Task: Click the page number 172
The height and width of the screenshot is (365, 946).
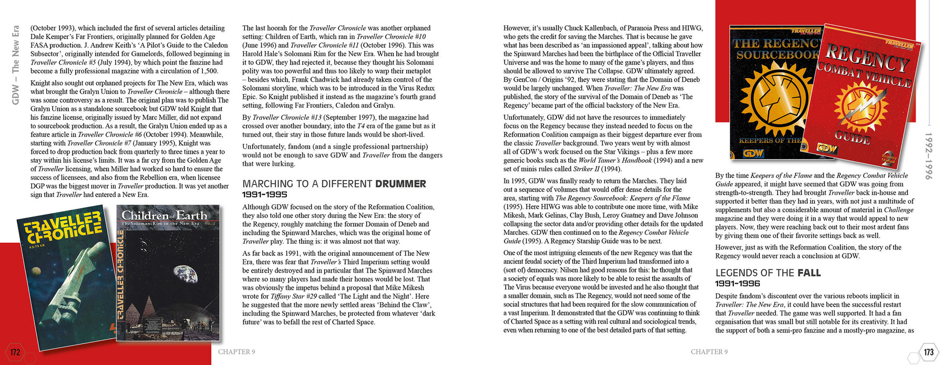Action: pos(15,352)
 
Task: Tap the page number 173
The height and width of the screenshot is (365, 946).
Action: pos(929,352)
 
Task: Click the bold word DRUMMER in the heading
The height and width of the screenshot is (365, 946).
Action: pos(400,184)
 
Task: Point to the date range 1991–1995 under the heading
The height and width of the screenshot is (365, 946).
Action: pos(264,195)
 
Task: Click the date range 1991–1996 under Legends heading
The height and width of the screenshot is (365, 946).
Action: pos(737,284)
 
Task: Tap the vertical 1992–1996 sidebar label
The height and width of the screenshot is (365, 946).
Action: pos(928,156)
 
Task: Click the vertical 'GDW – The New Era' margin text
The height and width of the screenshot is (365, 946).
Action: pos(15,65)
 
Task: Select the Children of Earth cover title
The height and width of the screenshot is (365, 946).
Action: pos(164,215)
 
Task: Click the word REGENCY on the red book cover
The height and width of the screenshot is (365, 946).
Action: pos(867,58)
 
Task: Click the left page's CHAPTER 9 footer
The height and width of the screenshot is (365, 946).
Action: pos(236,352)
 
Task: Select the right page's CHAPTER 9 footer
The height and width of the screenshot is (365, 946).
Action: pos(709,352)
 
